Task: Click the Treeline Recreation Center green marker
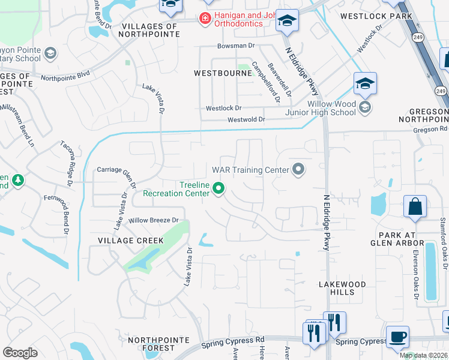click(x=219, y=190)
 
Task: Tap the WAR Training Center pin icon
click(x=298, y=170)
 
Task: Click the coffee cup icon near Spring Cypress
click(x=397, y=337)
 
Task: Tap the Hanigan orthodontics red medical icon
click(x=205, y=19)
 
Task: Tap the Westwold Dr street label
click(x=246, y=120)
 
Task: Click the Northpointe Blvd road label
click(x=65, y=76)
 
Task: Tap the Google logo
click(x=20, y=353)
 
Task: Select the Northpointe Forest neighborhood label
click(x=151, y=344)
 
